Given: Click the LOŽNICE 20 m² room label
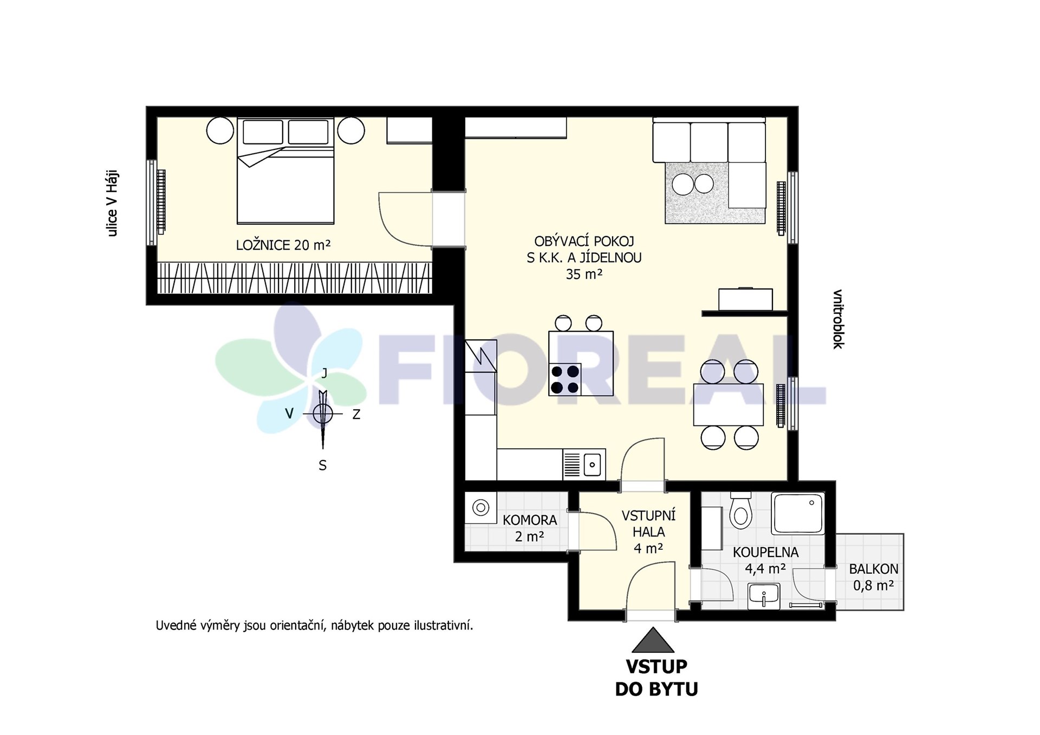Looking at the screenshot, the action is tap(283, 245).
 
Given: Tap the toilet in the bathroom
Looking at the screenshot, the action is tap(740, 510).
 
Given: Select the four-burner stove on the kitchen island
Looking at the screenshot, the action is tap(565, 379).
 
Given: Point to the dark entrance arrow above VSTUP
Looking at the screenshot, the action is tap(653, 640).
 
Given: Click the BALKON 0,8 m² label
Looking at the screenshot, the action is tap(873, 577).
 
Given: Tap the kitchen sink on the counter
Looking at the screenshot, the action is tap(584, 464).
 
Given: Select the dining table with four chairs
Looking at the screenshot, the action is tap(729, 404).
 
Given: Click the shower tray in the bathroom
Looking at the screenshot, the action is tap(798, 513).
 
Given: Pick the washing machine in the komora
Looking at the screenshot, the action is tap(480, 508).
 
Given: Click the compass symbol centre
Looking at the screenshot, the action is tap(323, 414).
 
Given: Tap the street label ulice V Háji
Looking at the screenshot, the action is tap(112, 204).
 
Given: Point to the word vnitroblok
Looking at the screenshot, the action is tap(838, 319).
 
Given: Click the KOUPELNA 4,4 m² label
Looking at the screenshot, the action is tap(765, 560).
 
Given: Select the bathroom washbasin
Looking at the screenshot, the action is tap(764, 595).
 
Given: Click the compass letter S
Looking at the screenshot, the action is tap(323, 465).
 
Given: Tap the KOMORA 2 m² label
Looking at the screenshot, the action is tap(529, 528).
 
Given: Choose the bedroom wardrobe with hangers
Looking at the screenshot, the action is tap(295, 278).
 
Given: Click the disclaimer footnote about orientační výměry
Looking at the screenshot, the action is tap(314, 626).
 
